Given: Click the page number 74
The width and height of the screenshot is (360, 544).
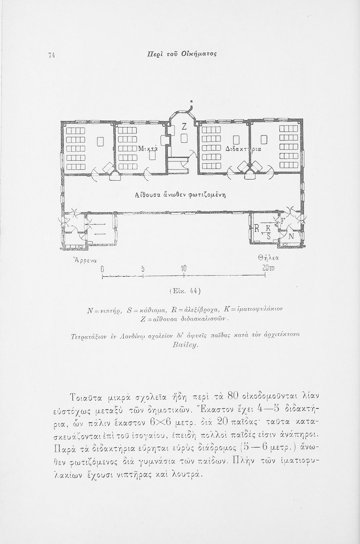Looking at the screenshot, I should pos(51,55).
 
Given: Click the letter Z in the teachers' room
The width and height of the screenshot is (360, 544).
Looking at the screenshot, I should pos(184,127).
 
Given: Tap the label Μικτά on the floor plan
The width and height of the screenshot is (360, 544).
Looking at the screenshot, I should pos(148,149).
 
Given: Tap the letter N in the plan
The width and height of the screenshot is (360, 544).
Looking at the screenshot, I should pos(291,236).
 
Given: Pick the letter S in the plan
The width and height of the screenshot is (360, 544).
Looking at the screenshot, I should pos(269,236).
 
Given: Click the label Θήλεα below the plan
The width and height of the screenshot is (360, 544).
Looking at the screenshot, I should pos(268,259).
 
